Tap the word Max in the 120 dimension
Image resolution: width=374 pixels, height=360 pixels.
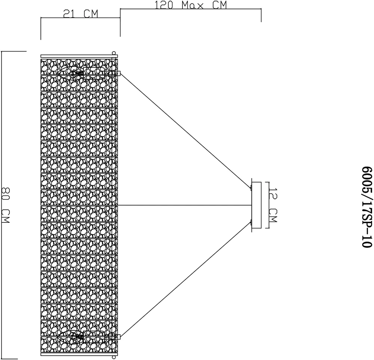click(x=190, y=5)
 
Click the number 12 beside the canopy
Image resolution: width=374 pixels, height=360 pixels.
click(x=273, y=195)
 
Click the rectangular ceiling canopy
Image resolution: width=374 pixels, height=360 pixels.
click(x=257, y=205)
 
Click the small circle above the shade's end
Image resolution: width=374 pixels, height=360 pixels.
click(x=114, y=53)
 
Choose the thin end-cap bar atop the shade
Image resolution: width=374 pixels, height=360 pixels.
click(x=79, y=56)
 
